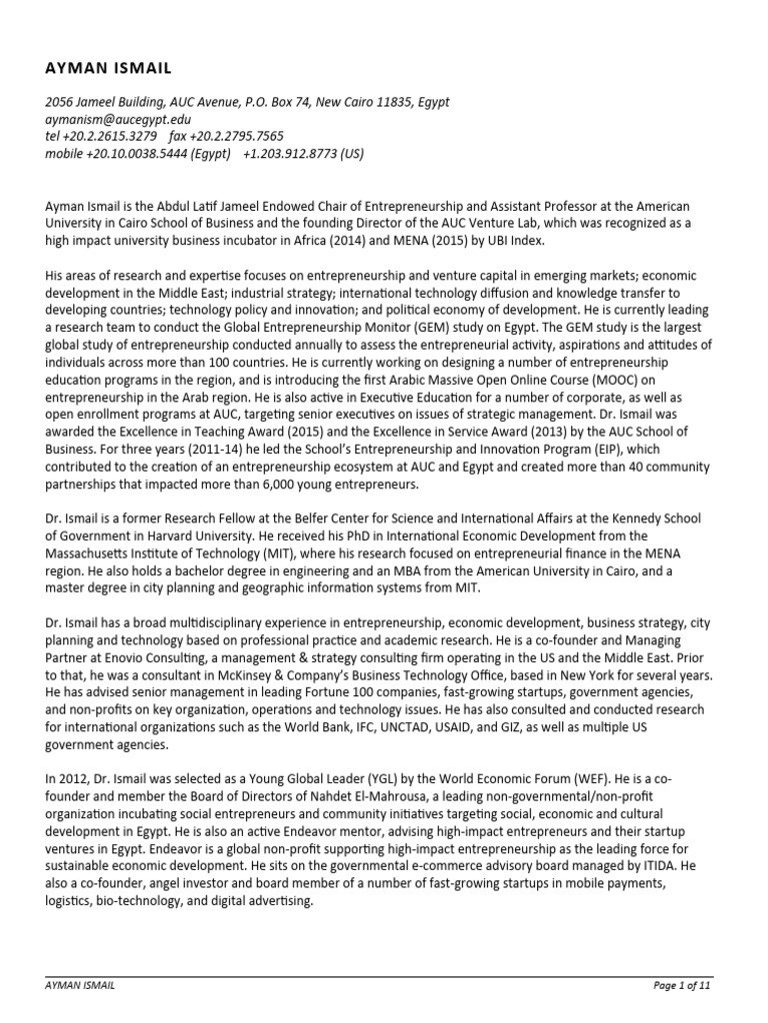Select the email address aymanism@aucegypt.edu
117,119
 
